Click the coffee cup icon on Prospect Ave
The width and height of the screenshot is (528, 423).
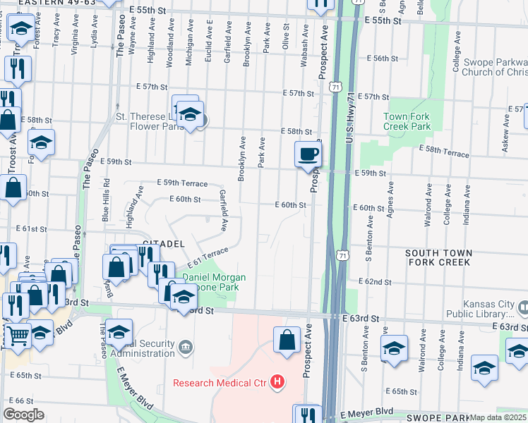tap(307, 154)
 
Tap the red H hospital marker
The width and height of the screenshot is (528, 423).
tap(278, 383)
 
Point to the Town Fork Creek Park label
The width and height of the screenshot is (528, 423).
tap(407, 121)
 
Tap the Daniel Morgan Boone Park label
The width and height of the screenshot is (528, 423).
tap(215, 283)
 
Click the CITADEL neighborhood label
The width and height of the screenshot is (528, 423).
tap(163, 243)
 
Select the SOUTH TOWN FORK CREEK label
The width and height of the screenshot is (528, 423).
tap(438, 257)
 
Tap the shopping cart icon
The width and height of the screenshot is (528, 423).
tap(17, 337)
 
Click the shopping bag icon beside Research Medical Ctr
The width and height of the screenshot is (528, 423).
tap(287, 341)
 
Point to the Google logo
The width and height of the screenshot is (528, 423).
tap(23, 415)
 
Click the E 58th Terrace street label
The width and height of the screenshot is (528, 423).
tap(444, 149)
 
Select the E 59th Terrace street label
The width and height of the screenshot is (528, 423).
tap(182, 183)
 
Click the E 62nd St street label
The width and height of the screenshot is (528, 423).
tap(374, 281)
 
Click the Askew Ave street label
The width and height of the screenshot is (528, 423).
tap(505, 144)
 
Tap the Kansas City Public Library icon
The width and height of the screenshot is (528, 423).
tap(523, 307)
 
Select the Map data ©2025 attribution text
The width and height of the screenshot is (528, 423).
tap(498, 417)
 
